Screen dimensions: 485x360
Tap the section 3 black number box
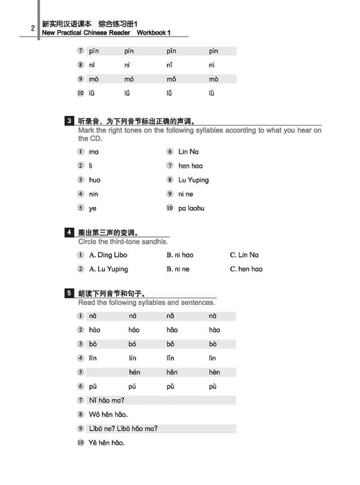pos(70,121)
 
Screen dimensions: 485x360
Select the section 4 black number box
pos(70,232)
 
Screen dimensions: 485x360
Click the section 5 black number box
pos(70,293)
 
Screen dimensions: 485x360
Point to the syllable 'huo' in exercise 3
pos(94,180)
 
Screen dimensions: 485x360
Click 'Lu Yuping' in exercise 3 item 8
pos(193,180)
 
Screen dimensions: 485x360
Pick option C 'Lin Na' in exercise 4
pos(244,255)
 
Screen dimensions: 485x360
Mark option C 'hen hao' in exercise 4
pos(246,270)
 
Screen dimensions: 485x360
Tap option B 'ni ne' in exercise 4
pos(178,270)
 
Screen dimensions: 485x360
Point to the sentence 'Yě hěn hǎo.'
pos(106,444)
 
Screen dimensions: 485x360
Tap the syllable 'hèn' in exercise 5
pos(214,373)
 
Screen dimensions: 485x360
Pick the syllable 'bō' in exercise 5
pos(93,344)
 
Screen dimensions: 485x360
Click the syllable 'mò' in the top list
pos(214,79)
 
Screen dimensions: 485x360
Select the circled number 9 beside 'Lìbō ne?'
pos(80,429)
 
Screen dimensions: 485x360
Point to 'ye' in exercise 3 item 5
pos(92,208)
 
